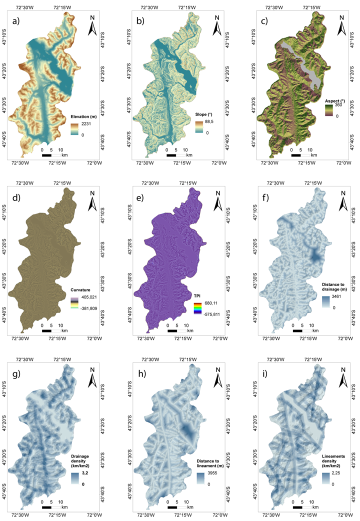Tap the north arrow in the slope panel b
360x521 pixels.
pos(216,26)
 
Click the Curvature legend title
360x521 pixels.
pos(83,287)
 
